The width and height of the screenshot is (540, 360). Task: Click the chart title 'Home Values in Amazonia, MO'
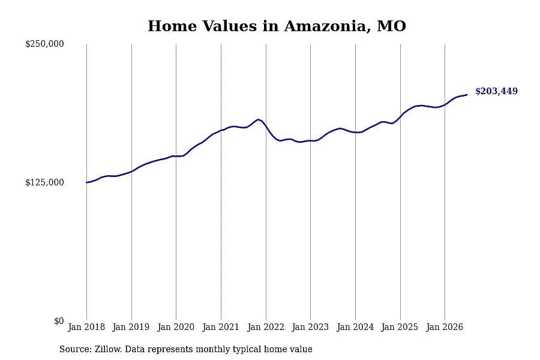[x=277, y=26]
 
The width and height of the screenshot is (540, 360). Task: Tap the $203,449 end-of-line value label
[x=496, y=91]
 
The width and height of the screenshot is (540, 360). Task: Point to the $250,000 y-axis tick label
[x=44, y=44]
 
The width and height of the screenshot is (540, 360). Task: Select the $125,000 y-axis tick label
[x=44, y=182]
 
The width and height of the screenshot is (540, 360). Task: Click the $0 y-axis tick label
[x=59, y=321]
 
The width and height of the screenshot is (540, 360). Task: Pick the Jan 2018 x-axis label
[x=86, y=327]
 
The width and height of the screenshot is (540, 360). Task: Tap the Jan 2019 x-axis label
[x=131, y=327]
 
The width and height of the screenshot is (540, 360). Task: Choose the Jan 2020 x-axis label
[x=176, y=327]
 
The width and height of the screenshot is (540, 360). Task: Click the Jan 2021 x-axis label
[x=221, y=327]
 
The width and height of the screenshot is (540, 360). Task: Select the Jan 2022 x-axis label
[x=266, y=327]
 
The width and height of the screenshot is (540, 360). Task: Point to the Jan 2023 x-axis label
[x=310, y=327]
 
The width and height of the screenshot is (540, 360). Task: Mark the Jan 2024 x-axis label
[x=355, y=327]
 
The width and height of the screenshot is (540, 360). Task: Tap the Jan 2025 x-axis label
[x=400, y=327]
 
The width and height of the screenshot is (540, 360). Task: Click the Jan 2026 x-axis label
[x=445, y=327]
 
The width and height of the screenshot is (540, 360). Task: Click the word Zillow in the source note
[x=108, y=349]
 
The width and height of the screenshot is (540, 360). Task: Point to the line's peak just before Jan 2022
[x=258, y=119]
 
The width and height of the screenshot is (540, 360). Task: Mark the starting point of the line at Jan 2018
[x=86, y=182]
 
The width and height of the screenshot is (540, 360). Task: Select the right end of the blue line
[x=467, y=95]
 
